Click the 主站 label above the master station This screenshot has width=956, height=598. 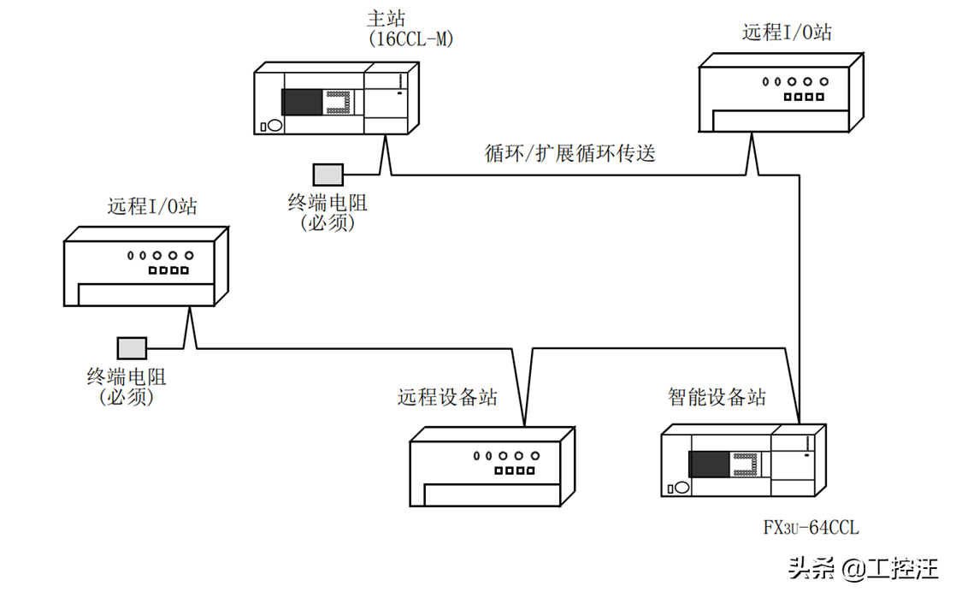click(385, 18)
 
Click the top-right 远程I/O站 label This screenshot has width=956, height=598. click(786, 33)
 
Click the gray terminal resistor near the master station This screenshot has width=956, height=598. click(327, 175)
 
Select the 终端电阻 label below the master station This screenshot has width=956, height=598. click(328, 204)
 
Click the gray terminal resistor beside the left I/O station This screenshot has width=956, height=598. click(133, 347)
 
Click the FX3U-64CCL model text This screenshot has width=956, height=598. click(811, 528)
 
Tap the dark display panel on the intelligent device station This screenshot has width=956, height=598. click(709, 465)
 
